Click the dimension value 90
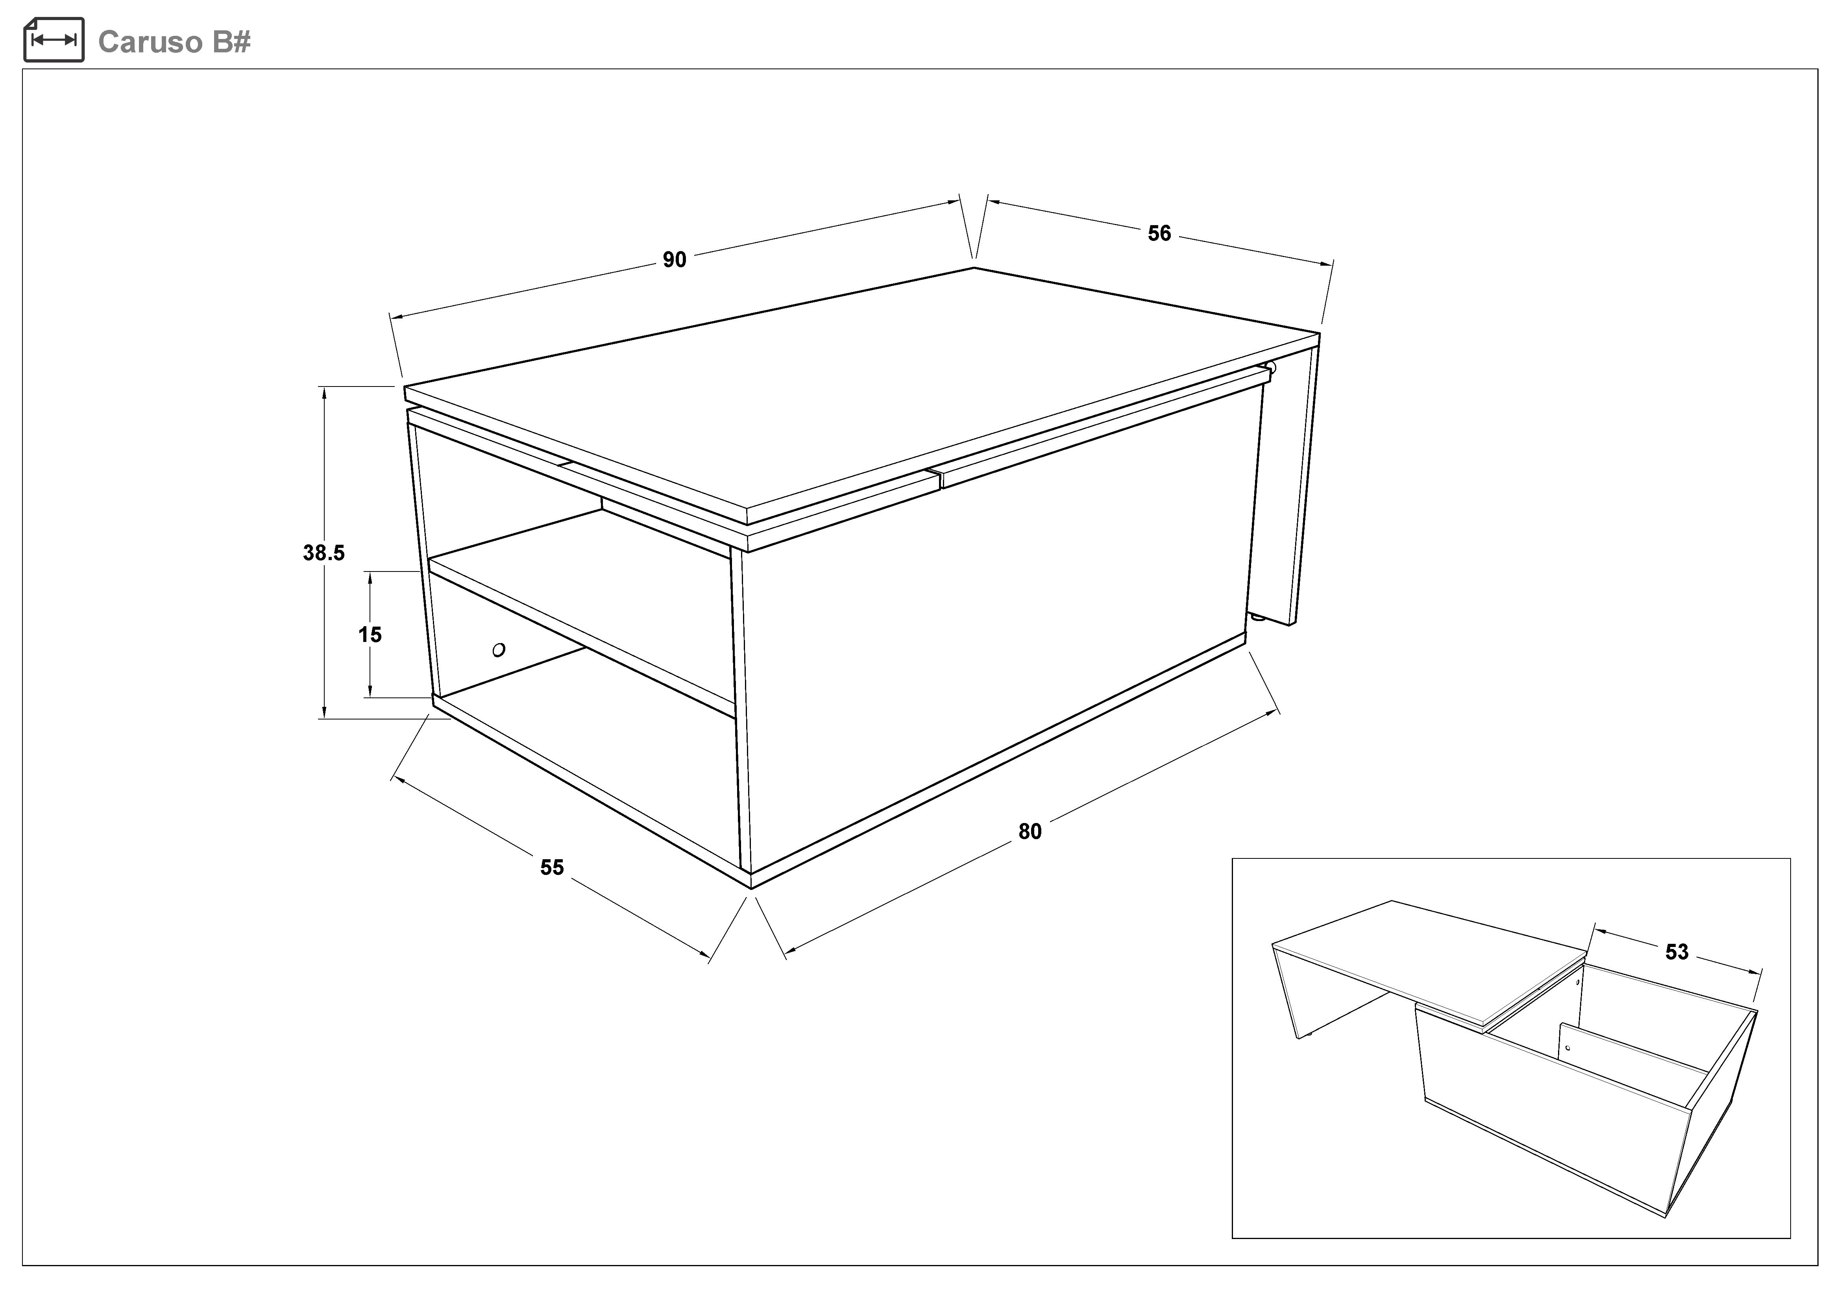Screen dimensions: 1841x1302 (675, 260)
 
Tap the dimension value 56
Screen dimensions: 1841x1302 (1159, 233)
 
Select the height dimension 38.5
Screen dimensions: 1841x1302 (324, 552)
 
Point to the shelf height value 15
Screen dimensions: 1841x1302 (370, 635)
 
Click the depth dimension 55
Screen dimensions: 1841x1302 (552, 867)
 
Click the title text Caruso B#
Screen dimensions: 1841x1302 (174, 42)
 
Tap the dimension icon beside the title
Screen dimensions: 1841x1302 (54, 39)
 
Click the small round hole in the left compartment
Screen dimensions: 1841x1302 (499, 649)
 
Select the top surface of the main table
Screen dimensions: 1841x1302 (862, 389)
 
